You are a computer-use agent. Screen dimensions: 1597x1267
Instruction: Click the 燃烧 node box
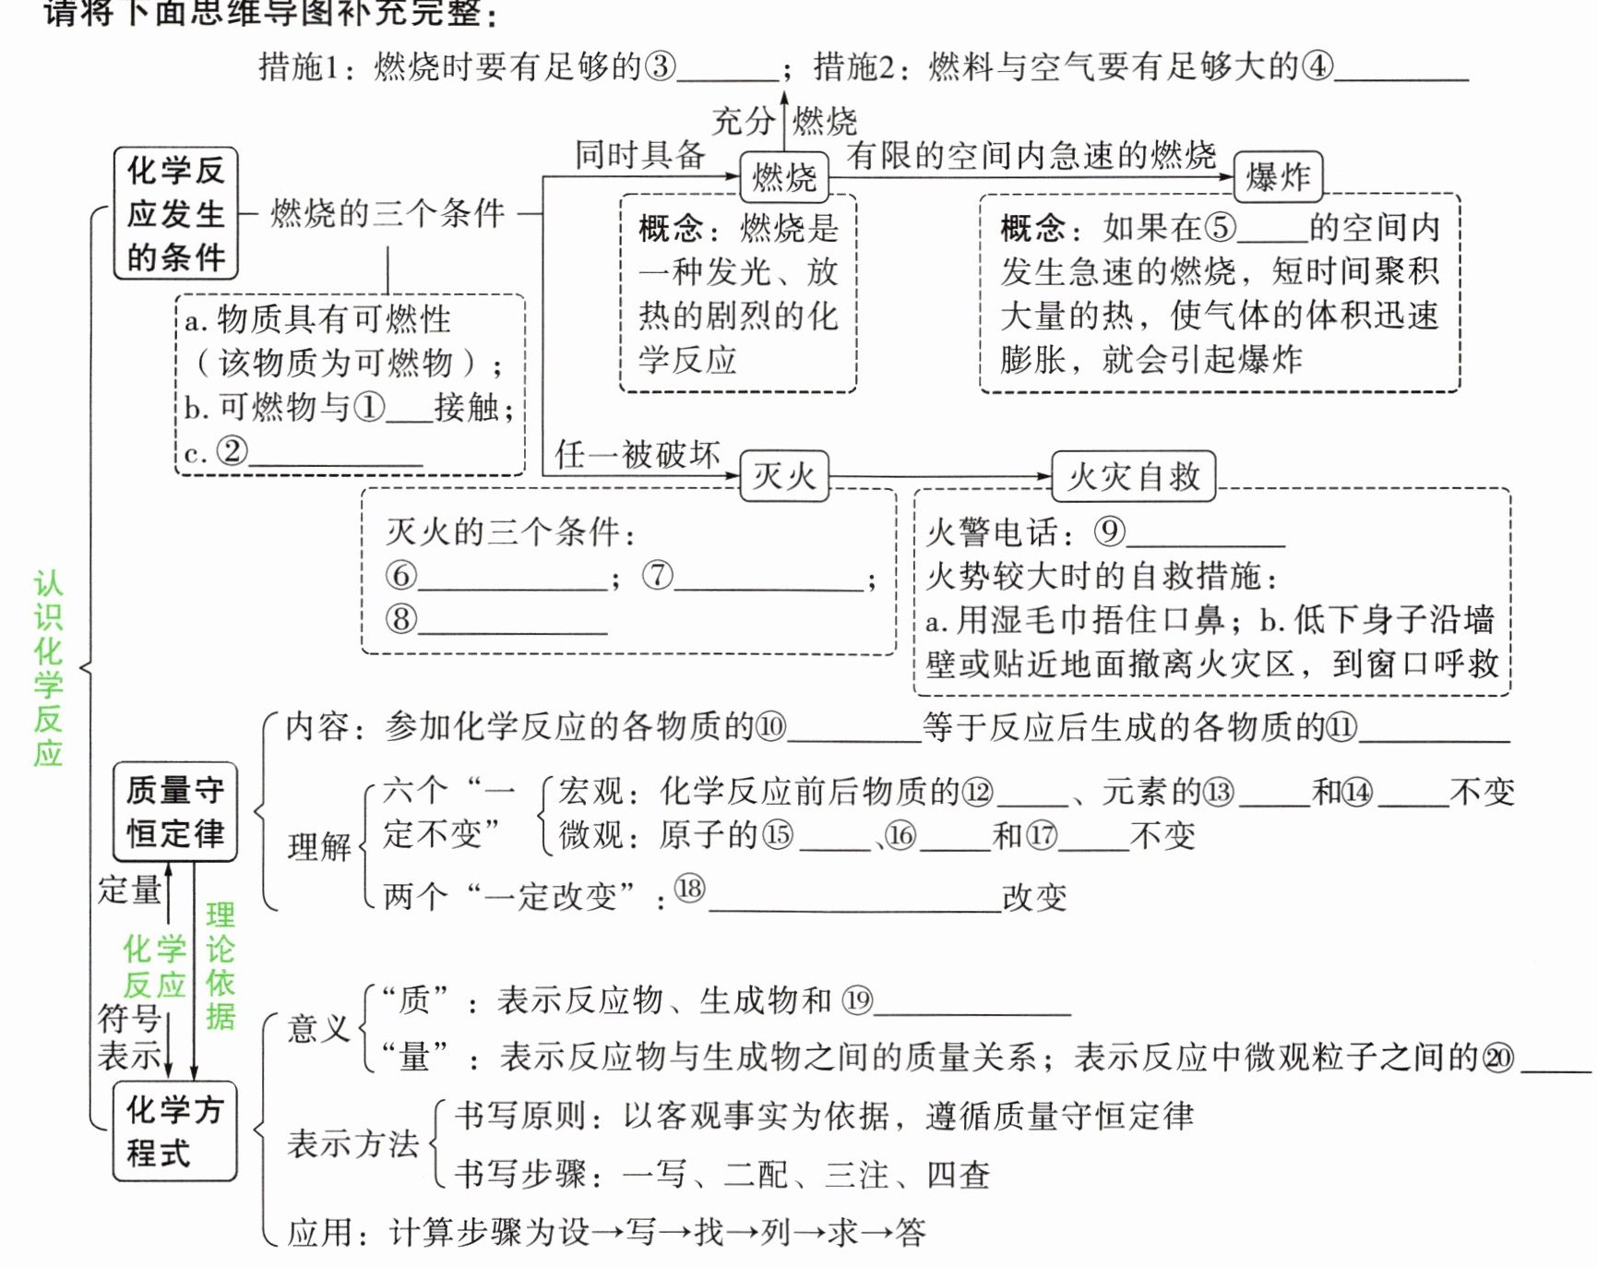[784, 175]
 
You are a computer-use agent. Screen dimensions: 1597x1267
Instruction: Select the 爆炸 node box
[1278, 176]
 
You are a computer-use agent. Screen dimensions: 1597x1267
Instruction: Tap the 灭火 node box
[784, 476]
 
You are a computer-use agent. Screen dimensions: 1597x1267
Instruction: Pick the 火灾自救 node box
[1134, 476]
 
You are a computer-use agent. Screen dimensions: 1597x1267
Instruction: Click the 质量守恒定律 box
[174, 812]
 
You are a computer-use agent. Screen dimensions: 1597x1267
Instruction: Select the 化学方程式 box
[174, 1131]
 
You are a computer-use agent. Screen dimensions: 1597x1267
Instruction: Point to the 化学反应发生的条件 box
[175, 213]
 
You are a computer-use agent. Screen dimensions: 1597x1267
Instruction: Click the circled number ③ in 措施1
[661, 66]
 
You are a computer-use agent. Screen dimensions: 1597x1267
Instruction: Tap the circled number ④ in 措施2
[1317, 66]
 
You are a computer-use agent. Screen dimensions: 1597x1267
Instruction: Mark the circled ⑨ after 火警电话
[1109, 531]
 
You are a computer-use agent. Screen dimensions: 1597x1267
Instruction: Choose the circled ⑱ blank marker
[689, 889]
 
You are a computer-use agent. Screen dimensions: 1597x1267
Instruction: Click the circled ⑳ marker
[1498, 1058]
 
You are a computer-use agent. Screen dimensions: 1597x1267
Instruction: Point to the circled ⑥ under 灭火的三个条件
[400, 575]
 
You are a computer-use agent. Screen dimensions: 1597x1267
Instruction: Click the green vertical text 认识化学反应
[48, 668]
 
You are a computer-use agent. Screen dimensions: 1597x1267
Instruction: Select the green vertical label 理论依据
[220, 965]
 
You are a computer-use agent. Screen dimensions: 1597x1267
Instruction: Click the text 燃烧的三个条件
[387, 213]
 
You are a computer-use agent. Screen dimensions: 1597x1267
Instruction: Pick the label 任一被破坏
[637, 454]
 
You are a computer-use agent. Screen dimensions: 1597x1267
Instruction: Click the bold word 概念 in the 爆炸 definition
[1033, 227]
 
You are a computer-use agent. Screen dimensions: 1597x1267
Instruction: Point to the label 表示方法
[352, 1144]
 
